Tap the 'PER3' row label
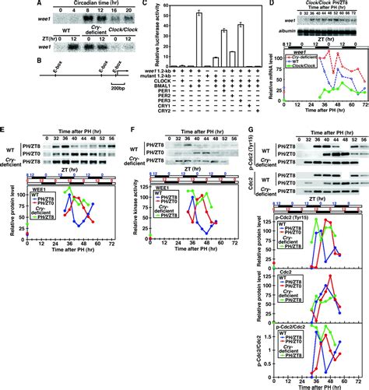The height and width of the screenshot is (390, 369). point(154,118)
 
